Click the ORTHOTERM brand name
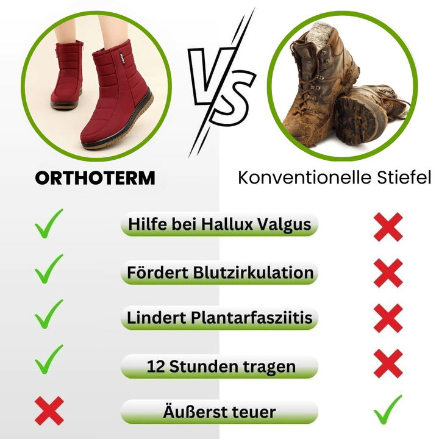pos(95,177)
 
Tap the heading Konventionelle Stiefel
pos(334,177)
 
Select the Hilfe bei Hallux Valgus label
pos(220,224)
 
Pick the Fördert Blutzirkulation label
pos(220,272)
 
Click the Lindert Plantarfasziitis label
pos(220,318)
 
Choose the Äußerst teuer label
pos(220,412)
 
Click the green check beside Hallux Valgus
pos(49,223)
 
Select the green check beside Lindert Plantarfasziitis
pos(49,314)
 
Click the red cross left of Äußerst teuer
pos(49,410)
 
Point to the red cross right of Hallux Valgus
pos(388,227)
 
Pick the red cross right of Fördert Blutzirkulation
pos(388,273)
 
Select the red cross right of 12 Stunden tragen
pos(388,364)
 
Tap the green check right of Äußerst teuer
pos(388,409)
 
